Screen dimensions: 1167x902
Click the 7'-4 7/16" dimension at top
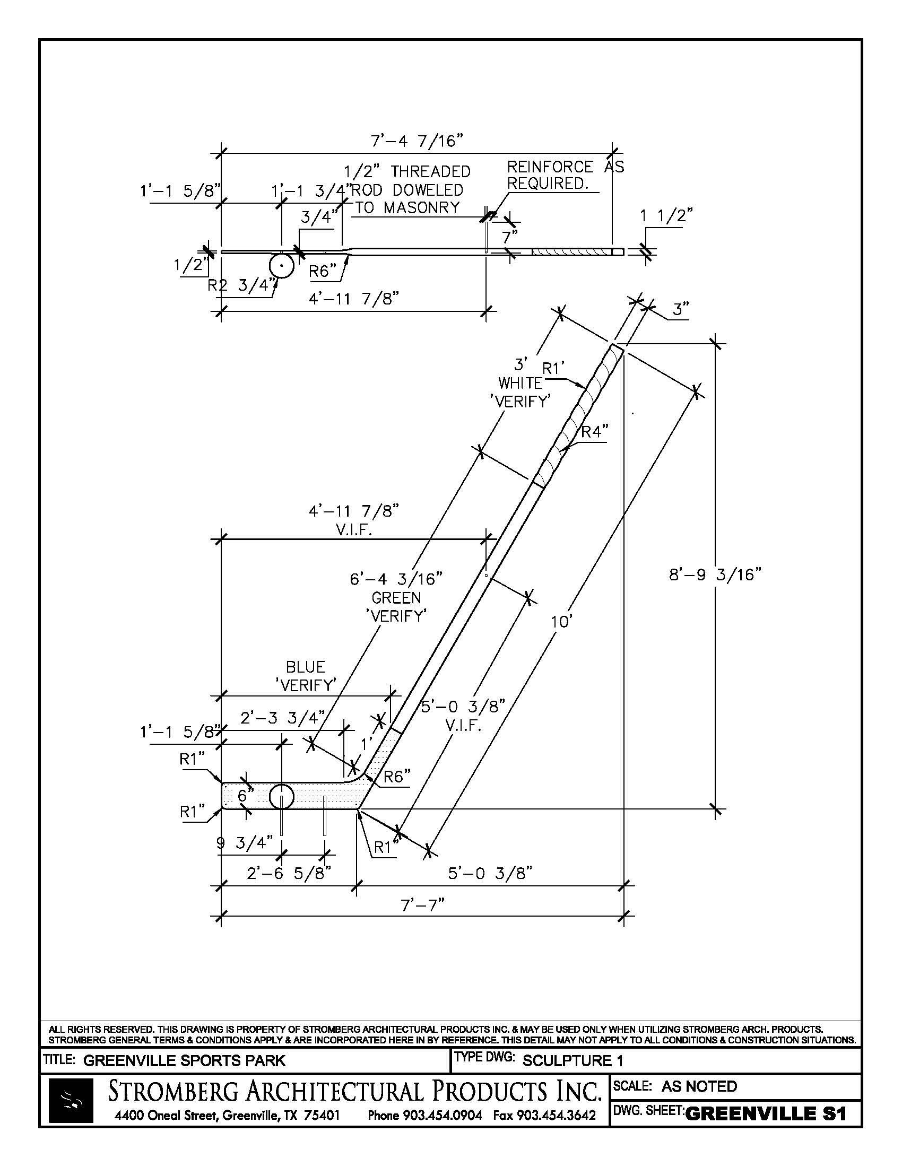pos(417,142)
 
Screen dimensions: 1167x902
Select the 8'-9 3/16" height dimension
pos(715,575)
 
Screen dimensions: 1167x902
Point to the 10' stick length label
pos(561,623)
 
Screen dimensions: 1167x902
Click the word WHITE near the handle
pos(520,382)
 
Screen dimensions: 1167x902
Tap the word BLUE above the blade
pos(305,667)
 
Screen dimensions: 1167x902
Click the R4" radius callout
pos(594,431)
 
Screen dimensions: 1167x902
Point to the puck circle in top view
pos(281,266)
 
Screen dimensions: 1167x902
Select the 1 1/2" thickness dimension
pos(666,216)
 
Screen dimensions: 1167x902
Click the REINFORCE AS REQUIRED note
pos(565,175)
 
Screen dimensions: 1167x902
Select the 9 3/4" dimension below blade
pos(245,843)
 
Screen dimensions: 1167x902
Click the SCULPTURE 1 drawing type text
pos(573,1061)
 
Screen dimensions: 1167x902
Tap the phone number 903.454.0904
pos(424,1115)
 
